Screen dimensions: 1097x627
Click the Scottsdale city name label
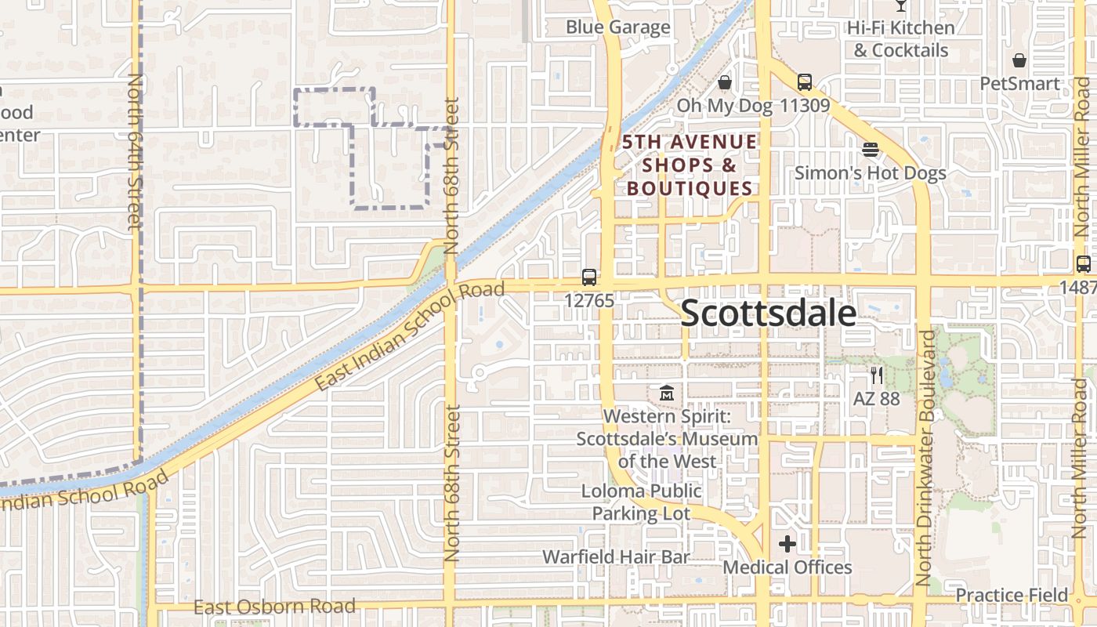(x=768, y=313)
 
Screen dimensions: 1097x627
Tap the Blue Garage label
(x=618, y=27)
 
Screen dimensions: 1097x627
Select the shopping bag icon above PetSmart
(x=1019, y=60)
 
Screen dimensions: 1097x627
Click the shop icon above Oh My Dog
(x=725, y=82)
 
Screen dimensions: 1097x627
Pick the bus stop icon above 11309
(x=804, y=82)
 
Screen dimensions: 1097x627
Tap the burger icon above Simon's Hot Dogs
(x=871, y=149)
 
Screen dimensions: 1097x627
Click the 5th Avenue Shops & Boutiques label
(x=690, y=165)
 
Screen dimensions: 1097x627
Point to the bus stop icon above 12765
(x=589, y=277)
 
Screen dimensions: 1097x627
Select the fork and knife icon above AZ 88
(x=876, y=375)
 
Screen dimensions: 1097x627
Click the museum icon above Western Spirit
(x=667, y=392)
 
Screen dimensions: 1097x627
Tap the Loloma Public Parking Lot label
(x=642, y=502)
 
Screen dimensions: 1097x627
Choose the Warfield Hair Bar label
(x=617, y=557)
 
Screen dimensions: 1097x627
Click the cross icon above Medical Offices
(x=787, y=543)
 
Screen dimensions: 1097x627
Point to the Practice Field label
(x=1012, y=596)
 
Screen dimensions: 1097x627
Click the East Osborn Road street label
(x=274, y=607)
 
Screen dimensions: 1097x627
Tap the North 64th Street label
(x=134, y=153)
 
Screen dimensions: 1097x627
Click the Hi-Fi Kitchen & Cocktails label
(x=901, y=39)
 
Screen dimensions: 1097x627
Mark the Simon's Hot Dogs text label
(x=871, y=173)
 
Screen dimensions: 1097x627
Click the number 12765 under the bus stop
(x=589, y=300)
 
